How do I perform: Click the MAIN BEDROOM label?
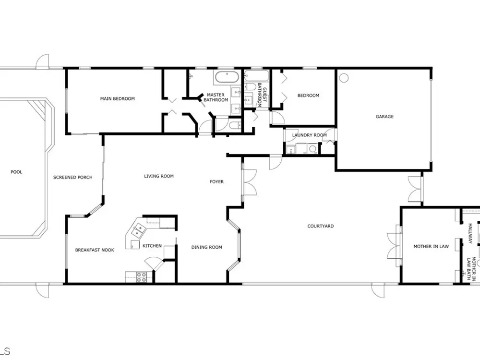118,98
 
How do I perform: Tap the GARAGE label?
384,116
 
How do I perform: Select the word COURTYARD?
321,226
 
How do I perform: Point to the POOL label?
16,172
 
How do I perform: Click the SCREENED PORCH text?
73,177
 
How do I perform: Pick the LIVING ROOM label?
159,176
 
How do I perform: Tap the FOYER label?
217,181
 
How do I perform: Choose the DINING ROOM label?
206,247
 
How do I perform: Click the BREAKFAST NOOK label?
95,250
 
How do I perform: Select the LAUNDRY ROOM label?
310,135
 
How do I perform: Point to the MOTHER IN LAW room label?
431,246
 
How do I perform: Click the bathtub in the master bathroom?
227,77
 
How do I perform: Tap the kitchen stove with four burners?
141,277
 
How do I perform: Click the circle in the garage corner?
344,78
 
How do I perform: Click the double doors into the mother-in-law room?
394,246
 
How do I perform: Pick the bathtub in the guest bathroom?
256,76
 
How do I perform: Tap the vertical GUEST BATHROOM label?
262,95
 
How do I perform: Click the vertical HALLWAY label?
470,233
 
